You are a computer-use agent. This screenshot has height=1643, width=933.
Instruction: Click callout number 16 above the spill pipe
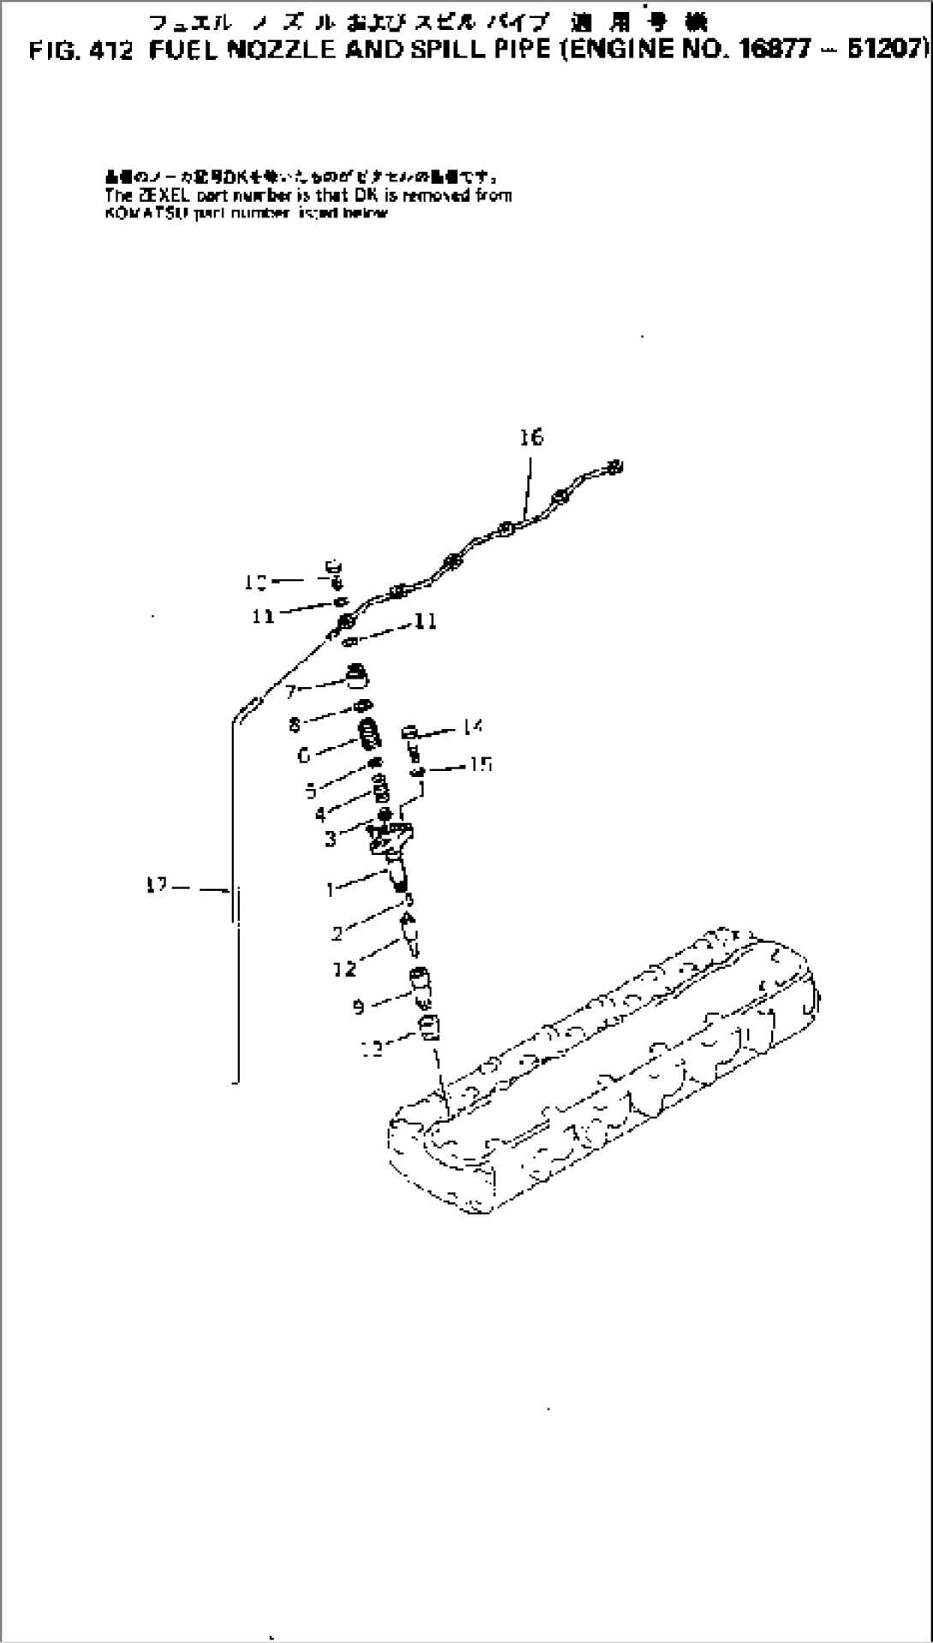(531, 437)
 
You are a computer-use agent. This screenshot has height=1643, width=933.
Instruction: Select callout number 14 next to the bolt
(472, 727)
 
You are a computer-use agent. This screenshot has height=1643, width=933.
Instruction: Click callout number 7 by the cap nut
(292, 691)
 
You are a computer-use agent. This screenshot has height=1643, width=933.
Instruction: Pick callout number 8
(295, 726)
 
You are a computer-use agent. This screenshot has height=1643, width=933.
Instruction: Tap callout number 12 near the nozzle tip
(346, 969)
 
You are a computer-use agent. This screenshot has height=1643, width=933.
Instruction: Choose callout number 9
(360, 1008)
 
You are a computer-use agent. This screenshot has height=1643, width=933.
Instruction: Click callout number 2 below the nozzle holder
(338, 934)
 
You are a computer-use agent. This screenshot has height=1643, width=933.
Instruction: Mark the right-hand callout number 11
(426, 621)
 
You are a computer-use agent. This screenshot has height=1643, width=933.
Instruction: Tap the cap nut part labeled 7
(357, 676)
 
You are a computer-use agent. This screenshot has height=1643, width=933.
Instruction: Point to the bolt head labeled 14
(410, 733)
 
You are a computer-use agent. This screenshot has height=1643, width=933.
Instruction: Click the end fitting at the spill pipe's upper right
(615, 467)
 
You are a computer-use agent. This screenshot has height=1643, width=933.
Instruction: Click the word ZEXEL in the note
(148, 196)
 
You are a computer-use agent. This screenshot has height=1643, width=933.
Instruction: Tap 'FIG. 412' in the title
(81, 50)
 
